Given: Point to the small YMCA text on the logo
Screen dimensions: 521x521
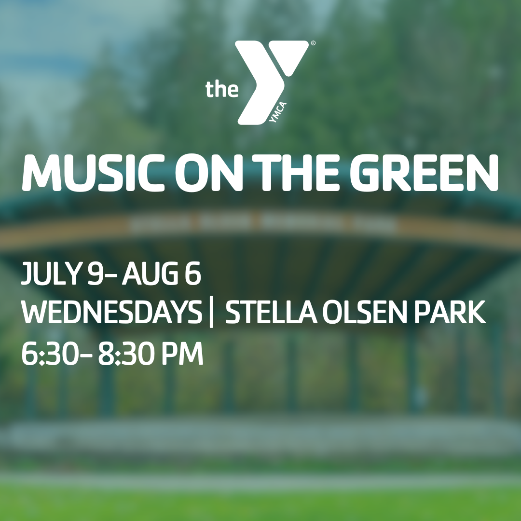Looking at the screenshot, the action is (278, 112).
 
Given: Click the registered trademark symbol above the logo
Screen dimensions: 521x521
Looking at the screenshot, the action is (313, 43).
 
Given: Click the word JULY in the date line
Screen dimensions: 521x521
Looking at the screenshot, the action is (52, 273).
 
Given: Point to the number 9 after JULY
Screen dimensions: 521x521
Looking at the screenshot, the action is (95, 273).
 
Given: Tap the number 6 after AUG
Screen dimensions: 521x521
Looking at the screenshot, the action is (193, 273).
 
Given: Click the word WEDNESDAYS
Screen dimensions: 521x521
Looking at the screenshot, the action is (111, 312).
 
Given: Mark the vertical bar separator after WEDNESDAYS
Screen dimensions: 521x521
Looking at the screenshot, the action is (212, 313).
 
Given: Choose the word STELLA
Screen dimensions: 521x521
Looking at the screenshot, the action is (271, 312).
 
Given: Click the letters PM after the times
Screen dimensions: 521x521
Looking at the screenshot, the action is (183, 354).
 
